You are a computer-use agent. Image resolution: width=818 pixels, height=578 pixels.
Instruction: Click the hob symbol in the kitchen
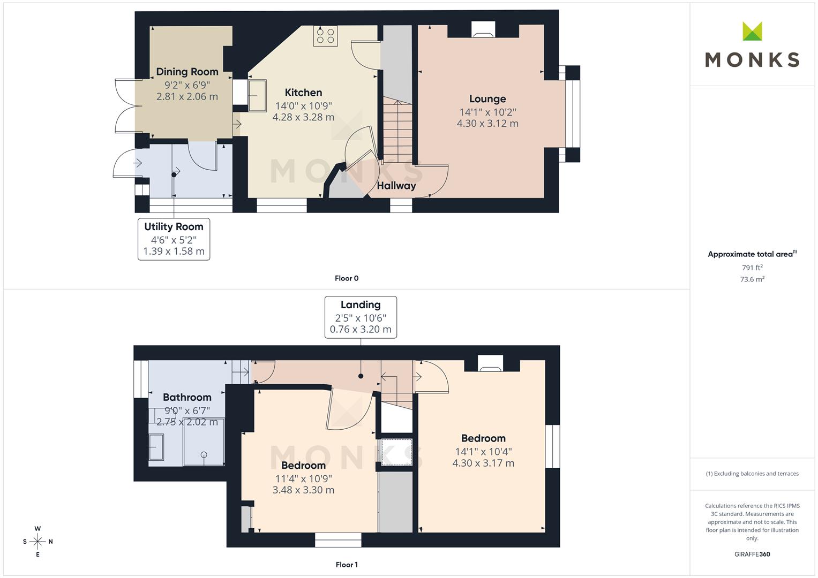325,36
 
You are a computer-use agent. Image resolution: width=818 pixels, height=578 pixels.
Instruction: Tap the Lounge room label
487,99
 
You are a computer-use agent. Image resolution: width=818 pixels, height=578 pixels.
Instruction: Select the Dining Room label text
187,72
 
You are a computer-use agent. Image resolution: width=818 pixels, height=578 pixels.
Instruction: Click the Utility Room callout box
174,239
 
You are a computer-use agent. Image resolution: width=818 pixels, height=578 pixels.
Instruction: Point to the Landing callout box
361,317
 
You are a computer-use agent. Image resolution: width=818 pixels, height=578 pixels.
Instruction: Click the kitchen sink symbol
257,96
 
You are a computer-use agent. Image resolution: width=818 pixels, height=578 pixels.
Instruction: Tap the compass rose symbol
37,542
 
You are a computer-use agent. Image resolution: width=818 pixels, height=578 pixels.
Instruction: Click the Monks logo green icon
752,32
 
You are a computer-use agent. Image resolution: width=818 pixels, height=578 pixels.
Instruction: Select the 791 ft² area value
752,268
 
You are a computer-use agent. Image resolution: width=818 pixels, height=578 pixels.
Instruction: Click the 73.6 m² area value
752,279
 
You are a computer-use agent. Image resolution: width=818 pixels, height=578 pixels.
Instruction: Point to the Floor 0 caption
347,278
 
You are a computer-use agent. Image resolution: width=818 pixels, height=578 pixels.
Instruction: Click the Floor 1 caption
347,565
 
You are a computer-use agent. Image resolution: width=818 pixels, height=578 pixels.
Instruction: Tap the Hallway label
396,186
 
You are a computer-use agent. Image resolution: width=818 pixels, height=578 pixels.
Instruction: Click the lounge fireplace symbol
483,31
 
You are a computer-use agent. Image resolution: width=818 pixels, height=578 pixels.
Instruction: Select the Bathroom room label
187,397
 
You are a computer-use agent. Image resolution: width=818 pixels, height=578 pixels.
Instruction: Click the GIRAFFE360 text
752,554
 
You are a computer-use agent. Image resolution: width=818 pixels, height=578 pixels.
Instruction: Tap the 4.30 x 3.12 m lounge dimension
487,124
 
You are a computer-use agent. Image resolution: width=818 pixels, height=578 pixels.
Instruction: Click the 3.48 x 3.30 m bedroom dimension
303,490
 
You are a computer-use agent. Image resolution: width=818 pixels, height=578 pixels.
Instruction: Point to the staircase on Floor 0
397,131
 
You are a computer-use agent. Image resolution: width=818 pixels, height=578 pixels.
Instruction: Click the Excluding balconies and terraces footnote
752,474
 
